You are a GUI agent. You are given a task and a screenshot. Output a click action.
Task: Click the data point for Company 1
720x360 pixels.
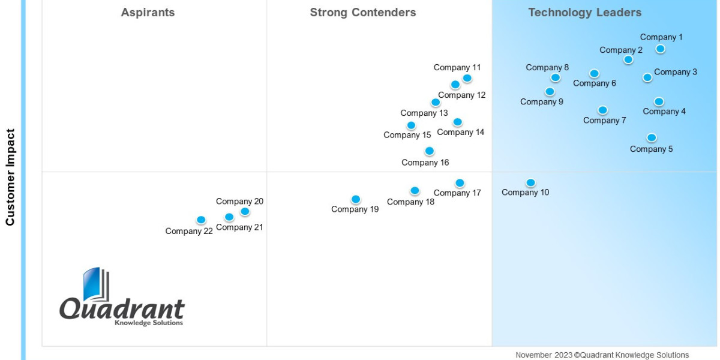[x=660, y=49]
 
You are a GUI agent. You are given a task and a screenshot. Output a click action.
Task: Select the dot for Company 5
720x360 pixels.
[x=652, y=137]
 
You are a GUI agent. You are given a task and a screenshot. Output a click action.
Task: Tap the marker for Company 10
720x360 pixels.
[x=530, y=182]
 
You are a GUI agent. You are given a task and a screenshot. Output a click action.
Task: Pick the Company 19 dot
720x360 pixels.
[x=356, y=199]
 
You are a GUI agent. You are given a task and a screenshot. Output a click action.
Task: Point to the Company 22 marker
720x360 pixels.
[x=201, y=220]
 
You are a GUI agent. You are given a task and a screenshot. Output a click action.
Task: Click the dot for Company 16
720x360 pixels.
[x=429, y=151]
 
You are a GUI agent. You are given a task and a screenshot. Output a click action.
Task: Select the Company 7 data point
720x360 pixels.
[x=602, y=110]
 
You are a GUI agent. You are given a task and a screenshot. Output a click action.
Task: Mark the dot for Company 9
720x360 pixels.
[x=550, y=91]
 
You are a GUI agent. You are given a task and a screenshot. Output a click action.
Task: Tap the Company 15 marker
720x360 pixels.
[x=411, y=125]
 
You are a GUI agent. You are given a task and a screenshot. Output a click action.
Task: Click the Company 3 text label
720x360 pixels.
[x=676, y=72]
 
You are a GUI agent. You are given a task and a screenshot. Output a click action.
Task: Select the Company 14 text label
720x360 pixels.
[x=461, y=132]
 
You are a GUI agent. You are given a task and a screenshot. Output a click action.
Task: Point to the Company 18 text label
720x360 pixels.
[x=410, y=202]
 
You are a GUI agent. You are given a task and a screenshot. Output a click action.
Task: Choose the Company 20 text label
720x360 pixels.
[x=239, y=202]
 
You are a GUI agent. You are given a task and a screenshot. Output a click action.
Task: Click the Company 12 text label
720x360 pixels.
[x=462, y=95]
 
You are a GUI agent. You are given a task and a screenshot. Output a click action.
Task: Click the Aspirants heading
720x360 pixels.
[x=148, y=13]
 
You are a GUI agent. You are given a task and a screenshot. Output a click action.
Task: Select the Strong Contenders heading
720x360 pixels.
[x=363, y=13]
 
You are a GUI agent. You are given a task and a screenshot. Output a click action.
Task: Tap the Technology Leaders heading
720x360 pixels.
[x=585, y=13]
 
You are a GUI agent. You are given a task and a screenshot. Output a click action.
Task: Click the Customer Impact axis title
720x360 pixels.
[x=10, y=177]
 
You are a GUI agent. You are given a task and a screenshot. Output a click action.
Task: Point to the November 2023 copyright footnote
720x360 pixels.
[x=602, y=355]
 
